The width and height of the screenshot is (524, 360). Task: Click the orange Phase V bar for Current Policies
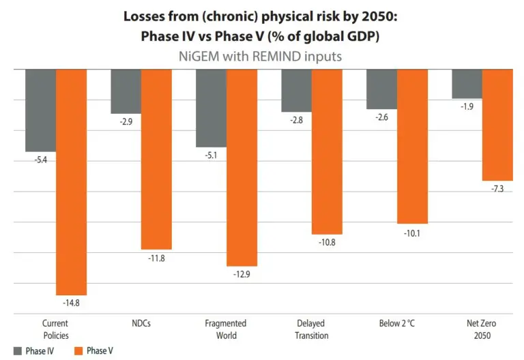71,181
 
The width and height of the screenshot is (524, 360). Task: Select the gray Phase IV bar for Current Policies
40,110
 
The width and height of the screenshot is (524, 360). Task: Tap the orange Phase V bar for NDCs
156,159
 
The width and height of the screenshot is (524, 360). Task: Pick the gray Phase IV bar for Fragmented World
211,108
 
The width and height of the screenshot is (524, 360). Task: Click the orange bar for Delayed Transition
327,151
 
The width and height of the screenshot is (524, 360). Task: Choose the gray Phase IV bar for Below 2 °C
381,89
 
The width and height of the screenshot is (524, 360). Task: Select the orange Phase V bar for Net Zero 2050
497,125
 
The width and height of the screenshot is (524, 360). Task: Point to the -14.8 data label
71,302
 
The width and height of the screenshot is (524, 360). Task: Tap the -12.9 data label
242,273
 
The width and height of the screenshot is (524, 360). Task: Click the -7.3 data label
497,188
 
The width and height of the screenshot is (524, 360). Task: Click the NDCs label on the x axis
141,323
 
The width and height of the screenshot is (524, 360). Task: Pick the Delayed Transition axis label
311,329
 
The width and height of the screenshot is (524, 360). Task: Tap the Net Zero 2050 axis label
482,329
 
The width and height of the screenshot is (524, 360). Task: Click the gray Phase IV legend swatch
16,350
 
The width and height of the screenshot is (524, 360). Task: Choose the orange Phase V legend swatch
78,350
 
